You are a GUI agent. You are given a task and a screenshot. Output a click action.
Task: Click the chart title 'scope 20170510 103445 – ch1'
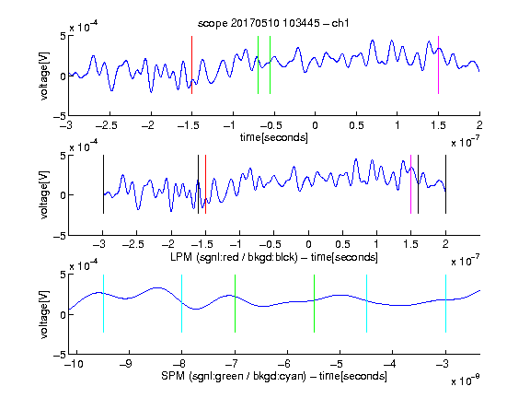[273, 23]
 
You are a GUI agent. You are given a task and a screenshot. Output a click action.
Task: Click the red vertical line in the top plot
[191, 64]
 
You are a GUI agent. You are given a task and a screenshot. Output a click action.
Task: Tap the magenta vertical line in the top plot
[438, 64]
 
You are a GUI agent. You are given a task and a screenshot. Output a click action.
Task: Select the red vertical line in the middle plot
[205, 184]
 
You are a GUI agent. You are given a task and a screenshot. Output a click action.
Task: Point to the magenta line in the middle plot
[410, 184]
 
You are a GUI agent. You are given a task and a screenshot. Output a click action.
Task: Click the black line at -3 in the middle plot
[103, 184]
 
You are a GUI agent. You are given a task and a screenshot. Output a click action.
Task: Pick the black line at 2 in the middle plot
[445, 184]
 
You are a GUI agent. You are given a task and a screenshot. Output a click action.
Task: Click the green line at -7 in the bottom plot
[235, 304]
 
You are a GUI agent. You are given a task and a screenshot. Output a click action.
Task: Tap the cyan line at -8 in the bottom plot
[182, 304]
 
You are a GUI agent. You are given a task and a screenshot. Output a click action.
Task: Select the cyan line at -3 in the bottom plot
[445, 304]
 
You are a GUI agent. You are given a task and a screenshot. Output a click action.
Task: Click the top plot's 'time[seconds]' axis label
[274, 137]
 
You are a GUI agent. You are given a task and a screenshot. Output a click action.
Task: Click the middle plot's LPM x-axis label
[274, 257]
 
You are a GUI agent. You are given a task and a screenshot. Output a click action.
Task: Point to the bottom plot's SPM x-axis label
[274, 376]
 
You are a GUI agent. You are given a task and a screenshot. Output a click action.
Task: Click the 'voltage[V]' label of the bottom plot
[44, 314]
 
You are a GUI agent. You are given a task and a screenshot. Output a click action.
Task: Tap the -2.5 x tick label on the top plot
[107, 126]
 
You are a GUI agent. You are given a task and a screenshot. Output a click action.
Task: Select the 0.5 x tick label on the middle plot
[342, 245]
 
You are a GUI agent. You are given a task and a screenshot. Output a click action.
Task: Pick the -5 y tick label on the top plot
[60, 117]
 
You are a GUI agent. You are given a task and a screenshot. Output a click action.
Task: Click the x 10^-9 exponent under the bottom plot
[466, 380]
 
